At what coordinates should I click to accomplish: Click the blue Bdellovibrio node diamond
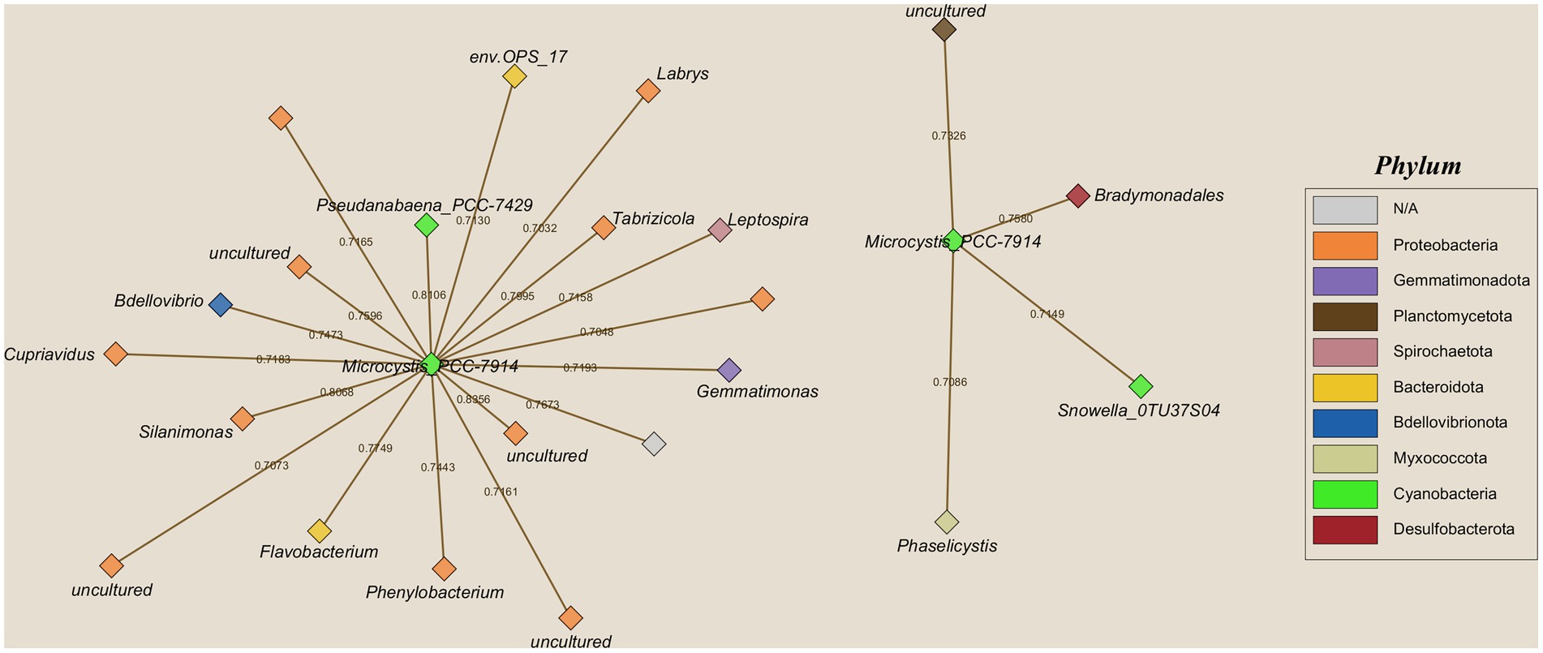click(x=220, y=305)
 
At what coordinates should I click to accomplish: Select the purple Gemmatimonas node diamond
click(x=729, y=370)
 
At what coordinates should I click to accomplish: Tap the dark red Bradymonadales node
click(x=1077, y=195)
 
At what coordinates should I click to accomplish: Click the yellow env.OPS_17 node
click(x=514, y=76)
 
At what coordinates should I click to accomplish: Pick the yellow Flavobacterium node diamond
click(x=320, y=531)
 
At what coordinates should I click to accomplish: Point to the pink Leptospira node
click(x=720, y=230)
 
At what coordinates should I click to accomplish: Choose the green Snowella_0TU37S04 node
click(x=1141, y=386)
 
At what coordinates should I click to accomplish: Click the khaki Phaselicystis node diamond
click(x=947, y=522)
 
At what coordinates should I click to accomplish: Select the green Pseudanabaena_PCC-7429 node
click(x=426, y=225)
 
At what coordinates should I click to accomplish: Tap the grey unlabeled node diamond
click(x=654, y=444)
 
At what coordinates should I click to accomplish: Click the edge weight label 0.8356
click(x=473, y=399)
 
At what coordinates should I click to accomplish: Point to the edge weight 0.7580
click(x=1015, y=218)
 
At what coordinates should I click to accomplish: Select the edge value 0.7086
click(x=949, y=381)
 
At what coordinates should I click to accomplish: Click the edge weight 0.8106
click(x=428, y=294)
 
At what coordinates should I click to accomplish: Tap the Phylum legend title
click(x=1417, y=166)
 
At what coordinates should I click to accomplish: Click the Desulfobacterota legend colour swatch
click(x=1344, y=530)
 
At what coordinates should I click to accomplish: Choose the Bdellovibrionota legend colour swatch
click(x=1344, y=423)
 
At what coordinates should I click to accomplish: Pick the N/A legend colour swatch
click(x=1344, y=209)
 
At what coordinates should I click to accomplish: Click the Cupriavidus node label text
click(x=49, y=354)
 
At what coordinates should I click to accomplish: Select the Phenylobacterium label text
click(x=435, y=592)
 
